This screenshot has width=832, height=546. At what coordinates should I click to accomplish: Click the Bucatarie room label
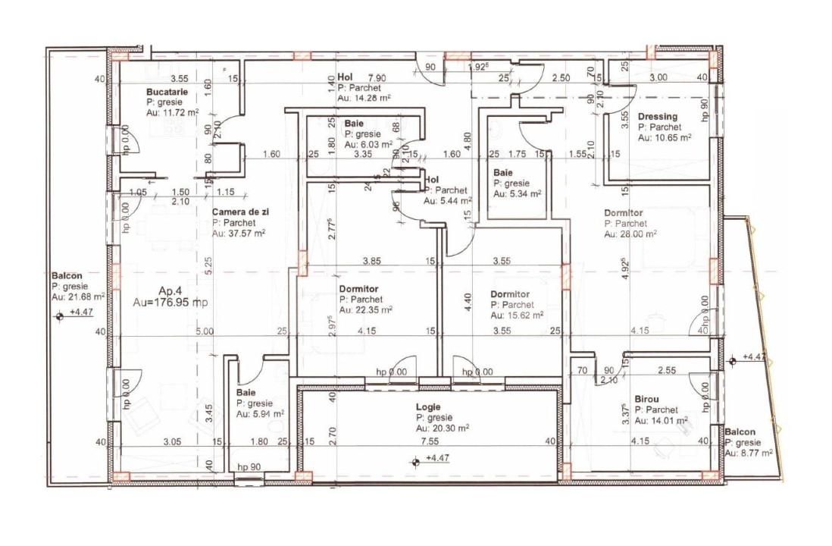[x=166, y=92]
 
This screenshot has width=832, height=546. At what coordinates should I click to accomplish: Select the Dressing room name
[x=658, y=117]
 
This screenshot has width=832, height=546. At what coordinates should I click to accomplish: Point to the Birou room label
[x=646, y=398]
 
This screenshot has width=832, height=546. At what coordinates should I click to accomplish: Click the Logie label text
[x=427, y=407]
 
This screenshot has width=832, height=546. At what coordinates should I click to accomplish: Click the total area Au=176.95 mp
[x=171, y=302]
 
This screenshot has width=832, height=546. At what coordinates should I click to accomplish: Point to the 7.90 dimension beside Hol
[x=377, y=78]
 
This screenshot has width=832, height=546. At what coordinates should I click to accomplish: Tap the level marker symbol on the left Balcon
[x=59, y=317]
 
